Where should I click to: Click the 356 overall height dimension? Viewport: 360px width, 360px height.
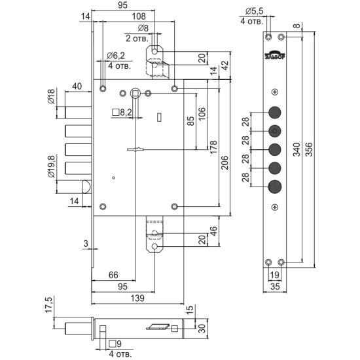coord(309,149)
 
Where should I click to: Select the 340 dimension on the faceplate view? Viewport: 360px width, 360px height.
coord(297,149)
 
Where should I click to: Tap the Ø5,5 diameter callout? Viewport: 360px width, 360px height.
coord(254,11)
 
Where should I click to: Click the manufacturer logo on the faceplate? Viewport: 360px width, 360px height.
coord(275,55)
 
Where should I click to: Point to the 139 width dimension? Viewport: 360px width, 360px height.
coord(137,298)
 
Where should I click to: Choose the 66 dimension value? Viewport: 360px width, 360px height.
coord(113,275)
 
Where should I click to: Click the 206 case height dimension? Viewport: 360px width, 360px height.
coord(225,162)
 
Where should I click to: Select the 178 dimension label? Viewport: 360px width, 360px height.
coord(213,147)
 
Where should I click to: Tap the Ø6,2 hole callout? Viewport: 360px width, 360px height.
coord(116,56)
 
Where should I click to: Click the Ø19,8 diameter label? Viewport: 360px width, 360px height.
coord(51,167)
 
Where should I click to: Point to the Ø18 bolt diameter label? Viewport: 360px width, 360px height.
coord(51,96)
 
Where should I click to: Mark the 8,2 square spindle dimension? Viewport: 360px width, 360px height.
coord(122,113)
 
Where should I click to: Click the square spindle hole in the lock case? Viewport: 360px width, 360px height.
coord(134,93)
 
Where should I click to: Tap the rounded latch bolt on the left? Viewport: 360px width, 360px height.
coord(86,187)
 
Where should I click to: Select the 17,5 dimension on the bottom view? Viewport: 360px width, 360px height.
coord(49,304)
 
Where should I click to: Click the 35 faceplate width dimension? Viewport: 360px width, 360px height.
coord(275,287)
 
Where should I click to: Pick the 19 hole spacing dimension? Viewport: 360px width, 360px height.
coord(275,275)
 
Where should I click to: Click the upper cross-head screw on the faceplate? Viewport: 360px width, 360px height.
coord(275,92)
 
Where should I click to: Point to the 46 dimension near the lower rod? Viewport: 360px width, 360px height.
coord(213,231)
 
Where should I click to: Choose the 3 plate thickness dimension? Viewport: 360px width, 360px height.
coord(86,243)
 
